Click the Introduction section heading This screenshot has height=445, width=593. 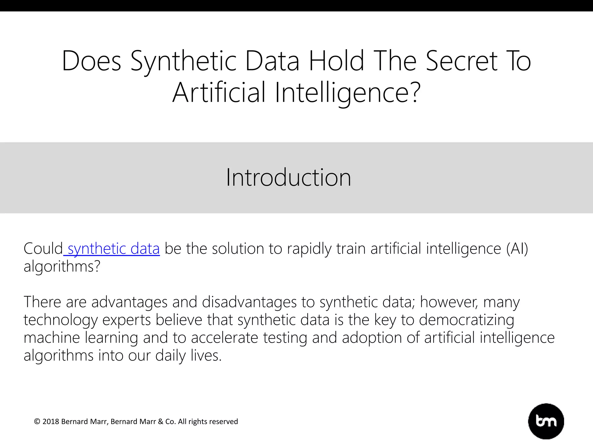pos(288,177)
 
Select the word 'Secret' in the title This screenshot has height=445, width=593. pos(462,61)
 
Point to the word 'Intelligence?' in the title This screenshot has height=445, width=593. pos(347,92)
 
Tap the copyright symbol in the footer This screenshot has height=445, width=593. pos(37,422)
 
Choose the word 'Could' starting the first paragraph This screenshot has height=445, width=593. pos(43,249)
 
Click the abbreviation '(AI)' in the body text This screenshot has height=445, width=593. pos(517,249)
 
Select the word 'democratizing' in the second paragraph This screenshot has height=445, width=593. pos(466,320)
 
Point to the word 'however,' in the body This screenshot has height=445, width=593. pos(449,302)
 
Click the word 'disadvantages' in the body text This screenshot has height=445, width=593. pos(249,302)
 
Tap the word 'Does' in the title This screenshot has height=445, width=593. pos(91,61)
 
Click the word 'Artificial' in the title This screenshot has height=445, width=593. pos(219,92)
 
